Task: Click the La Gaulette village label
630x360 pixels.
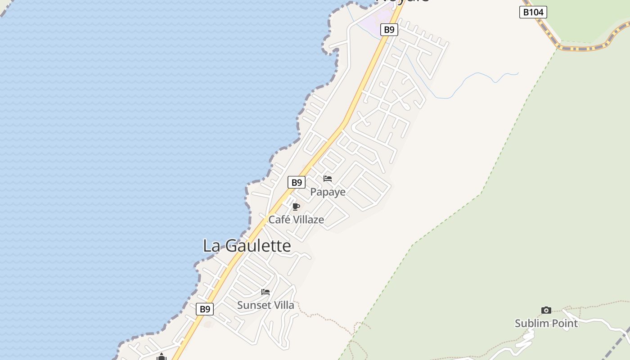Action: pos(247,246)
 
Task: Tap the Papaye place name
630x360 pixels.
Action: pos(328,192)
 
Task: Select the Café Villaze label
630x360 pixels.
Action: pos(296,220)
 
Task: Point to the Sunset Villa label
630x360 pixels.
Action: pos(265,305)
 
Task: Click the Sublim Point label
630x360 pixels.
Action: pos(546,323)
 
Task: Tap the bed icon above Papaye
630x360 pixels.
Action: pos(328,179)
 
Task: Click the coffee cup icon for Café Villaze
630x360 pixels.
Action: pos(296,207)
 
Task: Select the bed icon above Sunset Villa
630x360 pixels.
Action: pos(265,292)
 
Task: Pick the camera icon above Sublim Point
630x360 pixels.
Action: pos(546,310)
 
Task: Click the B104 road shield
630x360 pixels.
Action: pos(533,12)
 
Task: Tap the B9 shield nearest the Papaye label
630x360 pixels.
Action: pos(297,182)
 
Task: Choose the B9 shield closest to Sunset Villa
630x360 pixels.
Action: pos(205,309)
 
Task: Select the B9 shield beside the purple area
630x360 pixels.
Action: pos(389,30)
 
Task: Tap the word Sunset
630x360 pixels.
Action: pos(252,305)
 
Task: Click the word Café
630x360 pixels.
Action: pos(277,220)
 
